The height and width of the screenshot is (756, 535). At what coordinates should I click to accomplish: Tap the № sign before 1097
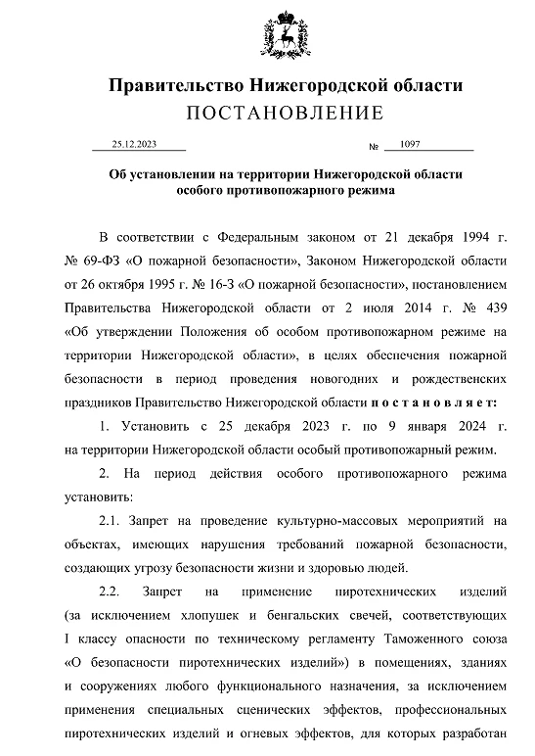point(373,148)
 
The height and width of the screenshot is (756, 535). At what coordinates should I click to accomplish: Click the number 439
point(493,307)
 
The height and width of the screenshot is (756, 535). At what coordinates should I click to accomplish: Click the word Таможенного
point(424,638)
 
